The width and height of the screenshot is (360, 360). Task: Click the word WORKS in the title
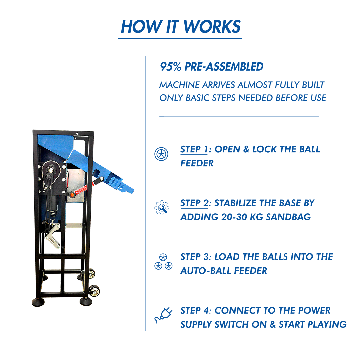tap(212, 27)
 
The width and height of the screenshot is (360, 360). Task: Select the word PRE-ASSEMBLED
tap(224, 67)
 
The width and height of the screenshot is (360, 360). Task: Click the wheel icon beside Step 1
tap(161, 154)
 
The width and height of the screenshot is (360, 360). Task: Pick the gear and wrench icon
tap(162, 208)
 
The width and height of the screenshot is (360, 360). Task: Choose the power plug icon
tap(163, 315)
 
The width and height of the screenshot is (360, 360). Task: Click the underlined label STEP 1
tap(194, 149)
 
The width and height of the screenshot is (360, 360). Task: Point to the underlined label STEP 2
tap(194, 203)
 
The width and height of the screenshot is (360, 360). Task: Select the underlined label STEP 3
tap(194, 257)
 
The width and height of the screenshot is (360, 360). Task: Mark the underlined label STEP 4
tap(194, 311)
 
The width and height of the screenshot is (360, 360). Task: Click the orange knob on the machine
tap(72, 195)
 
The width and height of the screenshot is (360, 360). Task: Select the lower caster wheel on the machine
tap(94, 291)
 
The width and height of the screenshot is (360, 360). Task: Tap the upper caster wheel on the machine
tap(91, 273)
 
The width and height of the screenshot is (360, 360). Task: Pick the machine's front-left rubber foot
tap(38, 302)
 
